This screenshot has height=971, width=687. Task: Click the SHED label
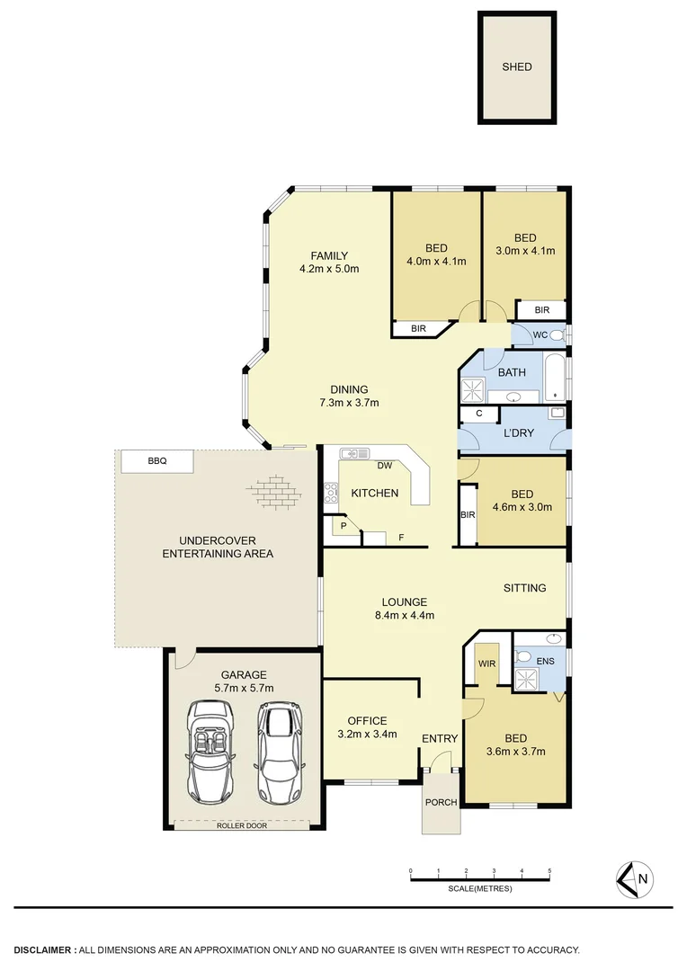[517, 67]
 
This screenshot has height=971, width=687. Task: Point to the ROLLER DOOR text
[242, 824]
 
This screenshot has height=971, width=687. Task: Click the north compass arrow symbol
[635, 878]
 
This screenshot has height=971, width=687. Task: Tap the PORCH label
[442, 802]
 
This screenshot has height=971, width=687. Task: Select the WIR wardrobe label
[486, 663]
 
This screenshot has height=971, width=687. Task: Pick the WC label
[540, 334]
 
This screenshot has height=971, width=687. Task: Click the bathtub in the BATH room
[556, 378]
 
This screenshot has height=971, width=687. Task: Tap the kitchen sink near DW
[351, 454]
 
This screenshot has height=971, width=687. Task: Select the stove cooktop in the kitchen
[331, 492]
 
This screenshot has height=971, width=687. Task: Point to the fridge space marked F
[400, 538]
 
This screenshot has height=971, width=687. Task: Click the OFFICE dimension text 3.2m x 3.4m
[367, 735]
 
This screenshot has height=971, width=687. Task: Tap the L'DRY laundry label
[518, 432]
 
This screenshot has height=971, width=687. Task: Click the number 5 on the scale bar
[549, 871]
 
